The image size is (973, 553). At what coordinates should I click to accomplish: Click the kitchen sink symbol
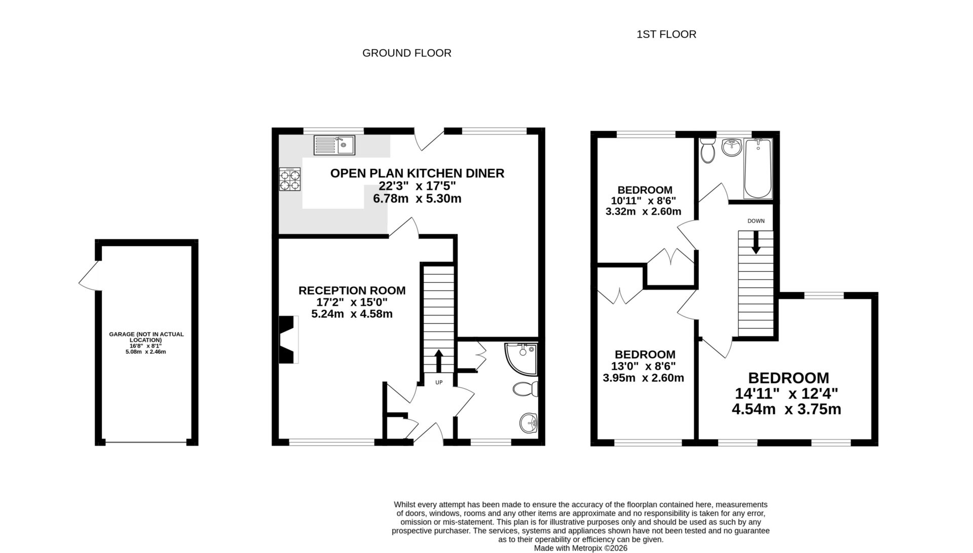(334, 145)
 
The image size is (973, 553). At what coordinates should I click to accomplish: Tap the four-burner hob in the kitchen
(290, 179)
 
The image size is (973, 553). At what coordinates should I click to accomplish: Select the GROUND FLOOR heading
(406, 53)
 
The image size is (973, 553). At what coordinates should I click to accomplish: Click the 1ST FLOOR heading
(666, 34)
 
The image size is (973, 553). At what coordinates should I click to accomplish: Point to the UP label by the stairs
(439, 382)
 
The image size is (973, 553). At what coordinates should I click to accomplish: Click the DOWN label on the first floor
(756, 221)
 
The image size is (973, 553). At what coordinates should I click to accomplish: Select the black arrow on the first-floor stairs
(756, 242)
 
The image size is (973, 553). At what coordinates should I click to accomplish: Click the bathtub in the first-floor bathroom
(758, 168)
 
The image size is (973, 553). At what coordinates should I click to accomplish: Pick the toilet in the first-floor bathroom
(707, 151)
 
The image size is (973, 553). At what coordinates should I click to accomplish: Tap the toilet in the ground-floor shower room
(525, 389)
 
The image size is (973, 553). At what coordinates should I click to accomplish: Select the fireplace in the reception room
(288, 340)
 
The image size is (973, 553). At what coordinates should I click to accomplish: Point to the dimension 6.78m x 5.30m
(417, 199)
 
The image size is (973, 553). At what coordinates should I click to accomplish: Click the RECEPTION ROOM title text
(352, 290)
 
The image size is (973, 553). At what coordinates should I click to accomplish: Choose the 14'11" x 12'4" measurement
(786, 393)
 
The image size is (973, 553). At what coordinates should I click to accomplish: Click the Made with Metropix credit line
(580, 548)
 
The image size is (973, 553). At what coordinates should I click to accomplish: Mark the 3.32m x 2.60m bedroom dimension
(643, 211)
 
